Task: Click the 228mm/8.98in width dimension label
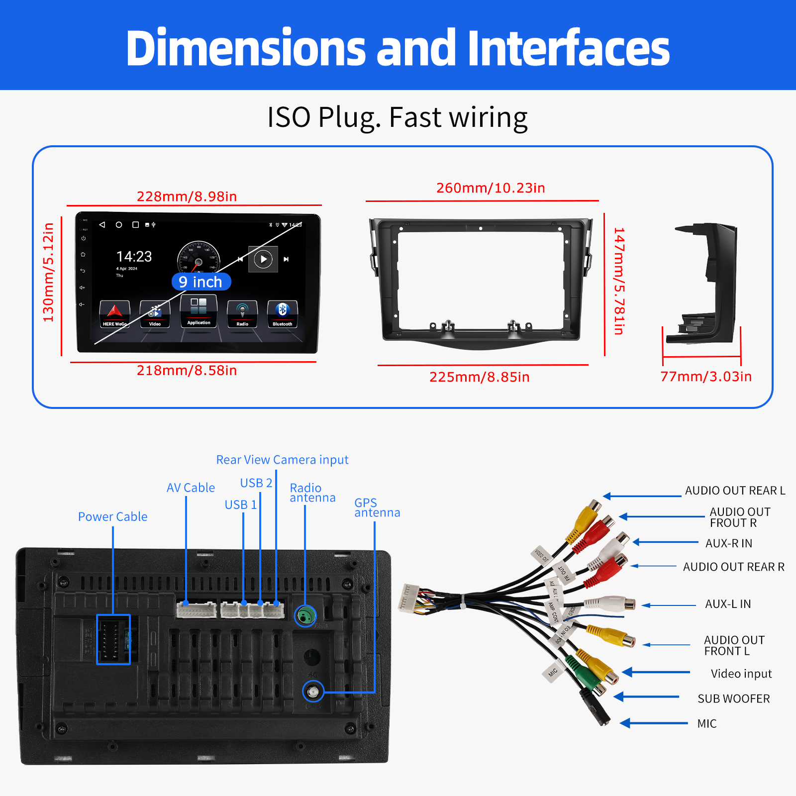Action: [187, 197]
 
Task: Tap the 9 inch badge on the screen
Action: [201, 282]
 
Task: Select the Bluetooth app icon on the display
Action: [282, 314]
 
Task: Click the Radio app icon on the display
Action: [242, 314]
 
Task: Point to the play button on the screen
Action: [263, 259]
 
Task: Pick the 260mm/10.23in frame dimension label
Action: [491, 188]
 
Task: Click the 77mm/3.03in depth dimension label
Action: [705, 377]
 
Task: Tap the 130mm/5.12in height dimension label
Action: [48, 272]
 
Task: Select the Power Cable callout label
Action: [112, 517]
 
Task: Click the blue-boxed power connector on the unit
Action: [113, 639]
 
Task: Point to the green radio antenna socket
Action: [305, 616]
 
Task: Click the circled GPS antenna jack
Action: [313, 692]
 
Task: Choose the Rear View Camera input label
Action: [282, 460]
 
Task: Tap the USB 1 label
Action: [241, 505]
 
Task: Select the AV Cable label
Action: [191, 488]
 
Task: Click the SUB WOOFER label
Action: [733, 698]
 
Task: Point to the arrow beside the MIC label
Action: [654, 723]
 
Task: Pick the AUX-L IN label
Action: [728, 604]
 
